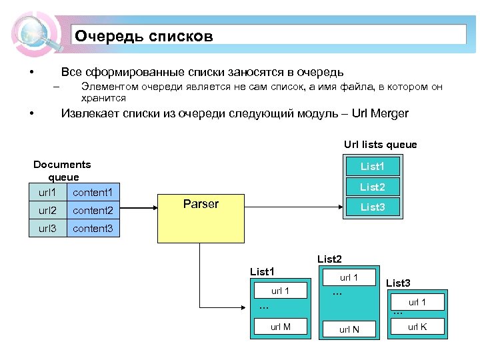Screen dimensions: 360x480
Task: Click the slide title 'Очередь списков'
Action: [x=144, y=36]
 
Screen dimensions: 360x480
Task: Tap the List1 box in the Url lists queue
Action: [x=373, y=166]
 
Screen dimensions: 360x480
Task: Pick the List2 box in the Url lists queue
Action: [x=373, y=187]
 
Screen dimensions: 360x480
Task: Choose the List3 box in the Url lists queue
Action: [x=373, y=207]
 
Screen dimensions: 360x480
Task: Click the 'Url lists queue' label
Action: [x=380, y=144]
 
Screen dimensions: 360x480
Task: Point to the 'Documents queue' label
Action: [x=63, y=171]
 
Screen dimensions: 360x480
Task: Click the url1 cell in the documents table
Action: [x=48, y=193]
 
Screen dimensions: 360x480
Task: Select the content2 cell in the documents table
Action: [x=93, y=211]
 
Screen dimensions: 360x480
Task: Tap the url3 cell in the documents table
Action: [x=48, y=229]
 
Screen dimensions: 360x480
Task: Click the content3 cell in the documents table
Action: [x=93, y=229]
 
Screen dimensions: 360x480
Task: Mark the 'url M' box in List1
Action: [x=280, y=326]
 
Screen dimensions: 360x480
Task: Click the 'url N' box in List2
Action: [x=349, y=329]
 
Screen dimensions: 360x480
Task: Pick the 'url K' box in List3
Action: [x=417, y=327]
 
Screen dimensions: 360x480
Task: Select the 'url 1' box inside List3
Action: [x=417, y=302]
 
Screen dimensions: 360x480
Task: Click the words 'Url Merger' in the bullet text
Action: [x=377, y=113]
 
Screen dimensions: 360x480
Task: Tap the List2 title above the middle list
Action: [x=329, y=259]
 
